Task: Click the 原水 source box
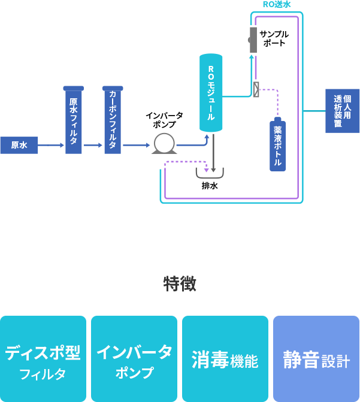coord(19,145)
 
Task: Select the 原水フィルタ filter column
coord(73,120)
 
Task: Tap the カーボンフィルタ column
coord(112,120)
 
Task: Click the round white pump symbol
coord(164,144)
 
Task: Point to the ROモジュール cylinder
coord(211,93)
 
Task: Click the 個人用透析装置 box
coord(342,111)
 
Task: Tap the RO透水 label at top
coord(276,4)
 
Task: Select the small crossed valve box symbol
coord(256,90)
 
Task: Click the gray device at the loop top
coord(253,40)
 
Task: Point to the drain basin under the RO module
coord(210,174)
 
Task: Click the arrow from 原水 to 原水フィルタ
coord(51,145)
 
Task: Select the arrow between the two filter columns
coord(93,145)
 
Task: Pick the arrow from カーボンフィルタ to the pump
coord(136,145)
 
